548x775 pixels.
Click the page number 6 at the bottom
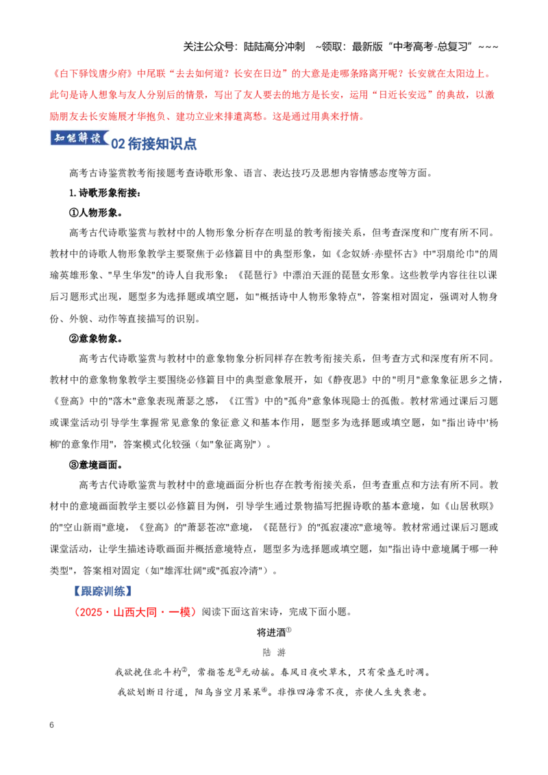[51, 724]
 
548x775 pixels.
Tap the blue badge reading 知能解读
[79, 138]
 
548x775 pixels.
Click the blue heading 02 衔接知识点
[154, 144]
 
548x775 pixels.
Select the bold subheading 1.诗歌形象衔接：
[105, 193]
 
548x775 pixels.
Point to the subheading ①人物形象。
[96, 212]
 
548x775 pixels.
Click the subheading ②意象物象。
[96, 339]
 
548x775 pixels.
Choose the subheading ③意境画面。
[96, 465]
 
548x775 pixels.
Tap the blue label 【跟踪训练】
[102, 591]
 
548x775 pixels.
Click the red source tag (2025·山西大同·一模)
[134, 612]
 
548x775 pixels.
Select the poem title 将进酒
[271, 632]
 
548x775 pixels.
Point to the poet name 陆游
[274, 652]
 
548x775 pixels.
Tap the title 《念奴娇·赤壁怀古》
[377, 254]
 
